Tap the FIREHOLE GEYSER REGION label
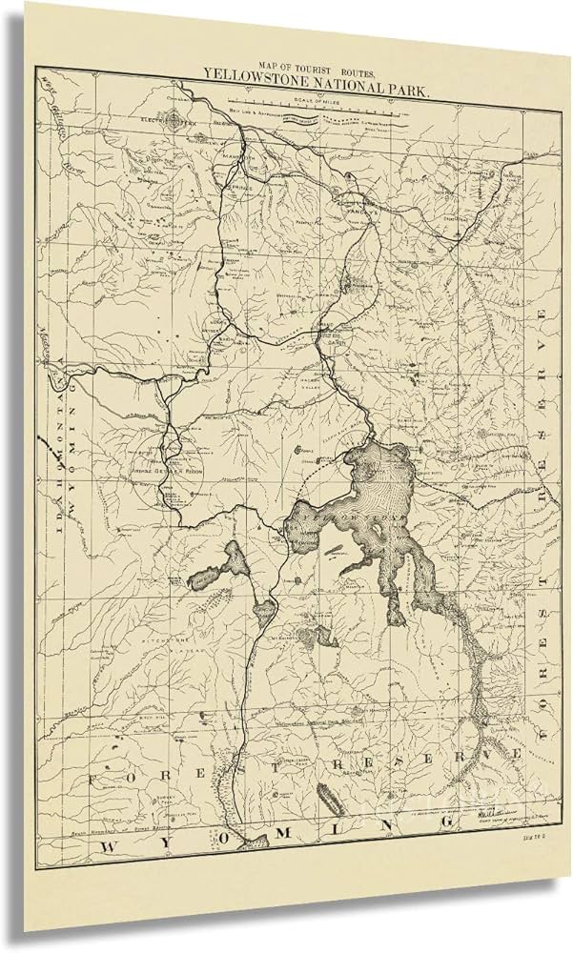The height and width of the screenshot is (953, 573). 168,472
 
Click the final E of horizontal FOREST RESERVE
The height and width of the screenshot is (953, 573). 516,754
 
